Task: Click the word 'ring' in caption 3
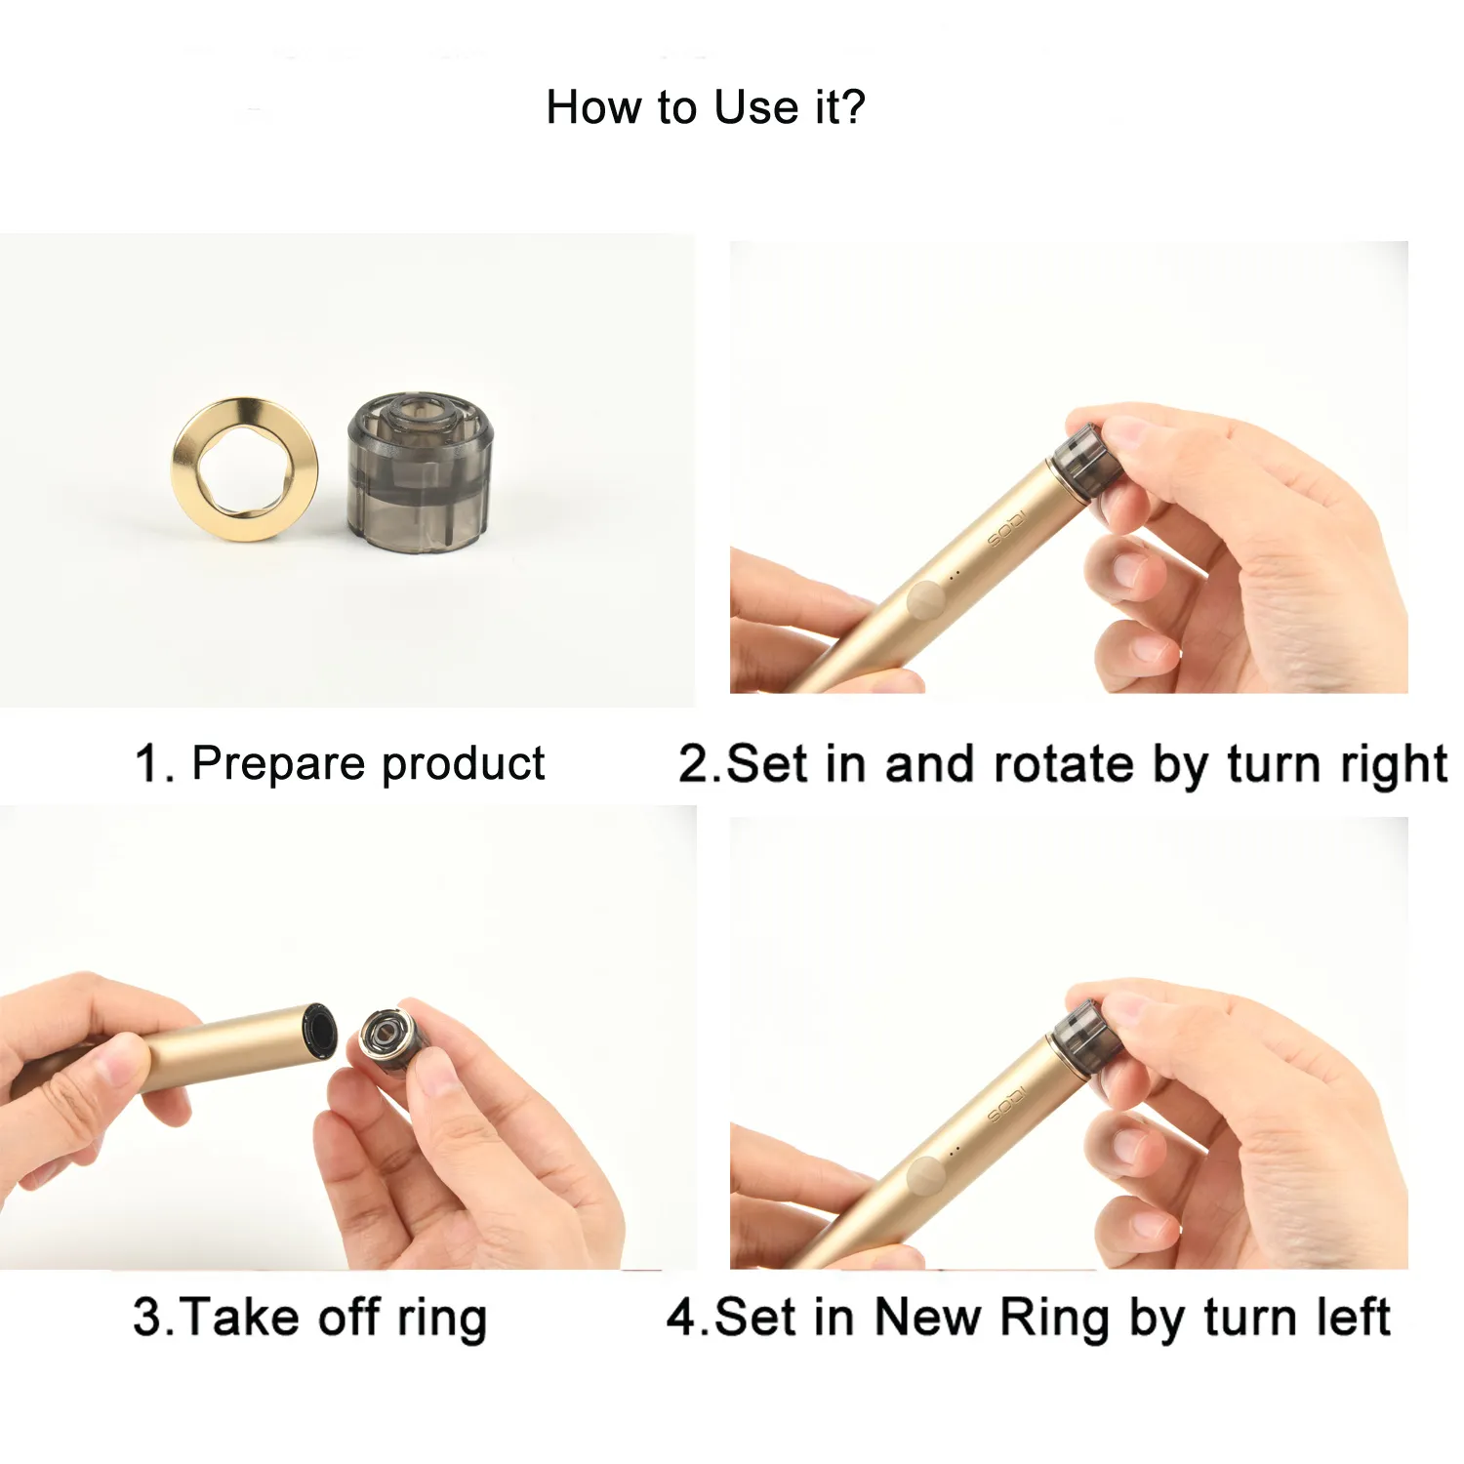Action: click(441, 1318)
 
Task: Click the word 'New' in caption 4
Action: click(927, 1318)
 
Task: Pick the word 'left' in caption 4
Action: click(1353, 1318)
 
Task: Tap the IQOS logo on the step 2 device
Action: click(1006, 527)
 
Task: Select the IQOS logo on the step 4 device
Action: click(1006, 1103)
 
